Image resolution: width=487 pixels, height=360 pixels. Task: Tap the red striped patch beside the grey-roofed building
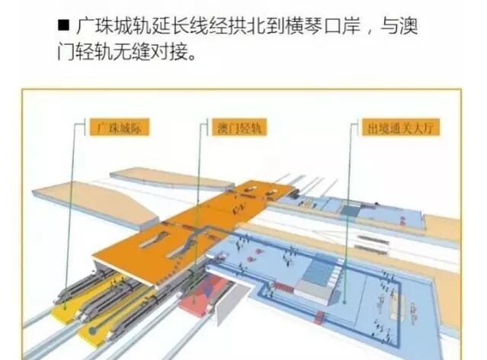coord(282,287)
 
